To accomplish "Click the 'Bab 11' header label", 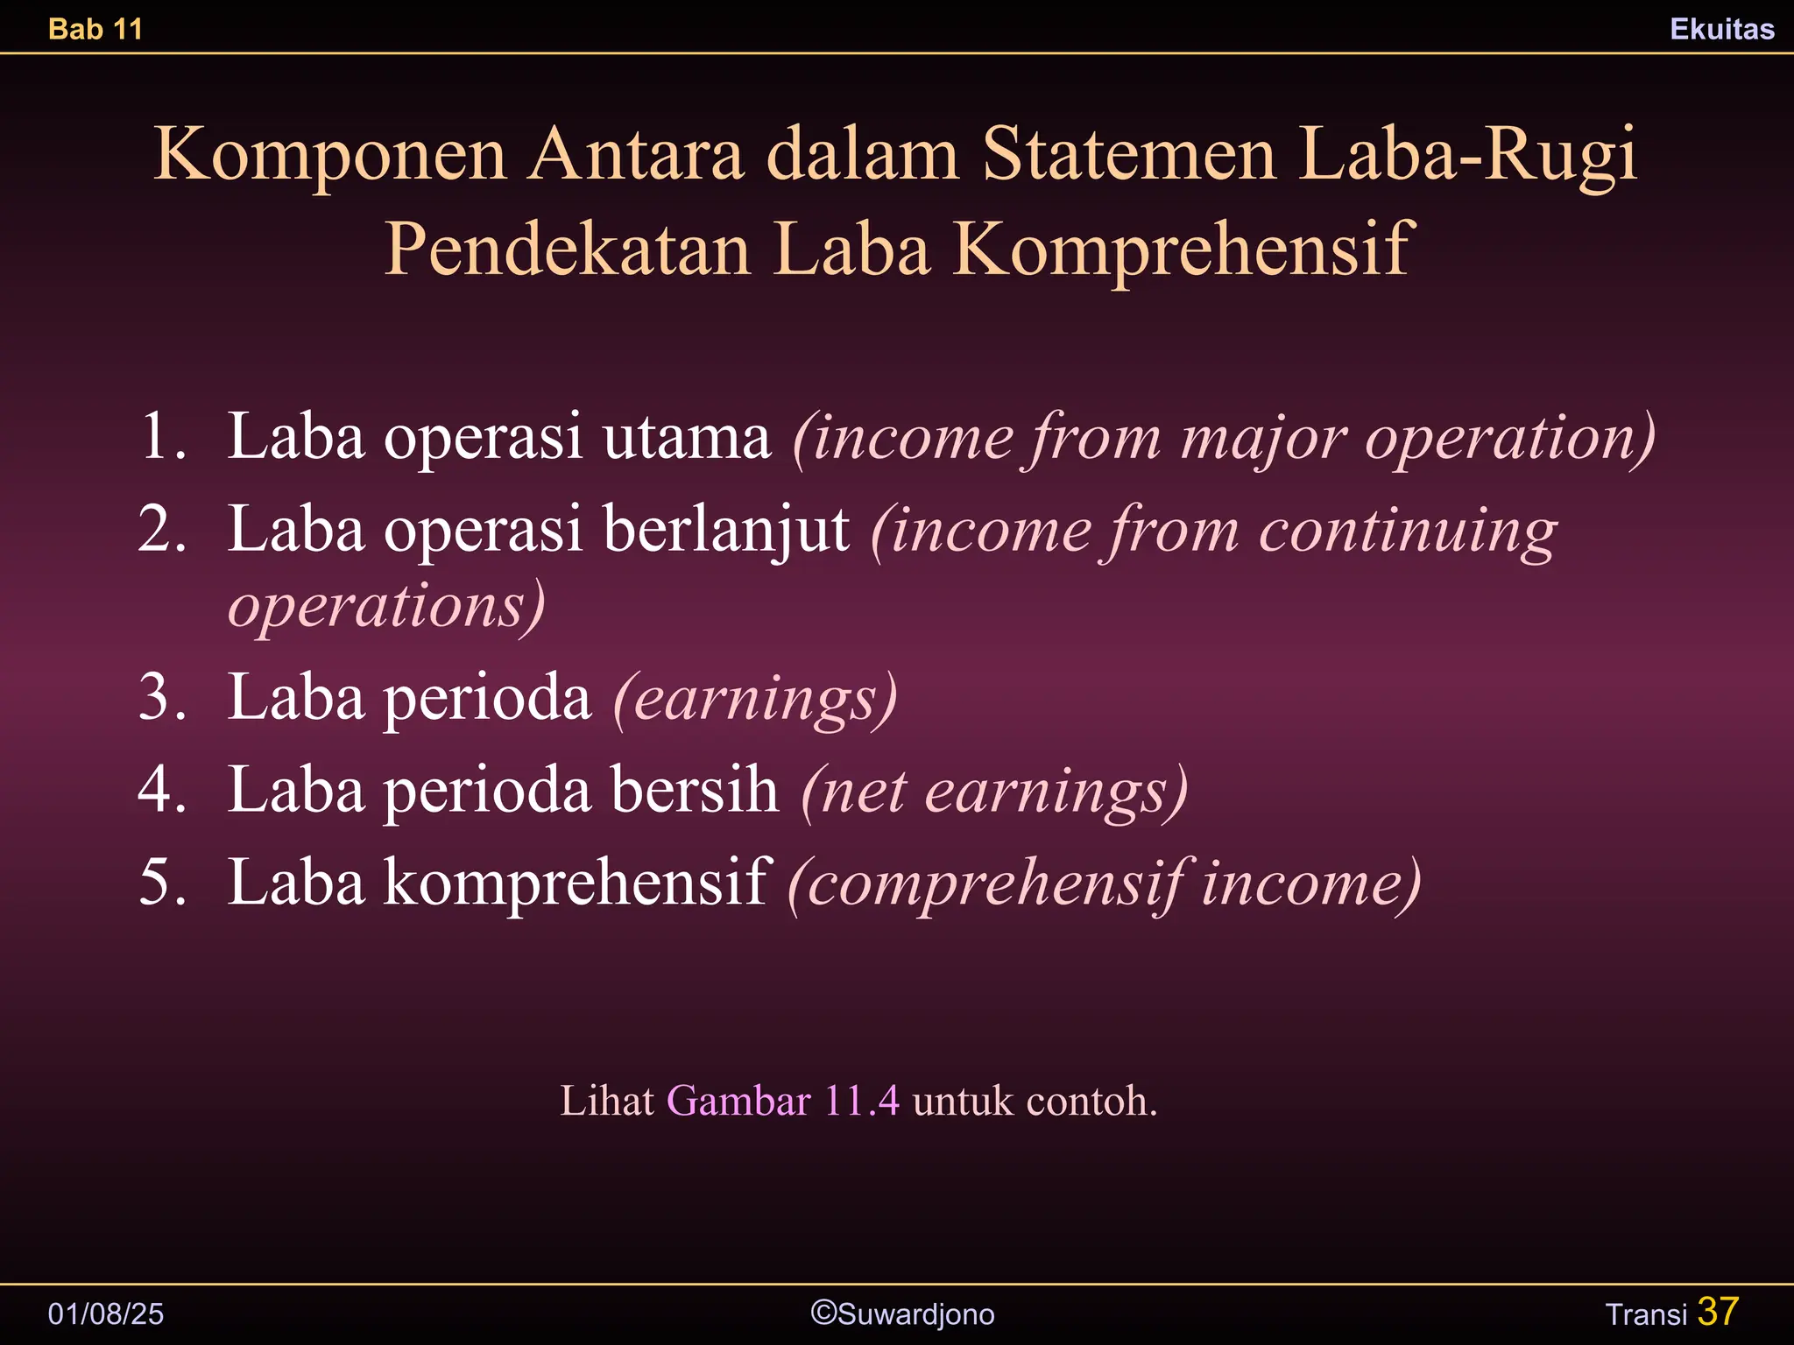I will click(95, 29).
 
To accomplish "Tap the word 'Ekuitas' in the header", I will click(1721, 29).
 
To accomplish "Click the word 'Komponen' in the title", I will click(330, 154).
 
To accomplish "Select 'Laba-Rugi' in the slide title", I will click(1467, 154).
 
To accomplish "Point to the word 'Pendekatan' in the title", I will click(568, 250).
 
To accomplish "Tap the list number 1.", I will click(162, 436).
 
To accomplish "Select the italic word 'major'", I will click(1263, 436).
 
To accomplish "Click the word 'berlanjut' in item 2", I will click(726, 529).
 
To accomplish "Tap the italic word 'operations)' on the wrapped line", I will click(386, 605).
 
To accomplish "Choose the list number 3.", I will click(162, 698).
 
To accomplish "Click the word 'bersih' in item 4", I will click(695, 790).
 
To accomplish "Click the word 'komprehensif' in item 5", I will click(577, 882).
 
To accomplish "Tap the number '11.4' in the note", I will click(862, 1101).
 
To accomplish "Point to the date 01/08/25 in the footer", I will click(106, 1313).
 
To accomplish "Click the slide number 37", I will click(1718, 1312).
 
